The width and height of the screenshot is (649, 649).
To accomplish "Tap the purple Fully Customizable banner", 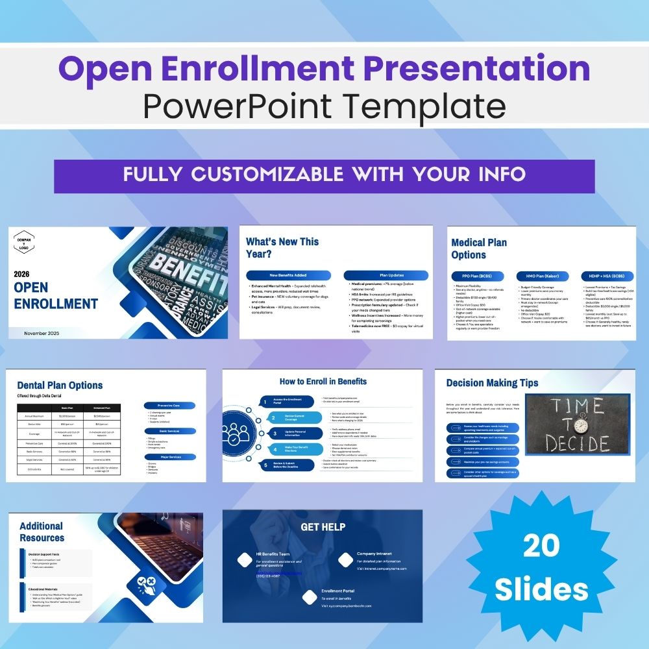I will (x=324, y=175).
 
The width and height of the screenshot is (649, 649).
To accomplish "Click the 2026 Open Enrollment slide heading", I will (x=56, y=296).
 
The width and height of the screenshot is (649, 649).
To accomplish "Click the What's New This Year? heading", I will (x=282, y=247).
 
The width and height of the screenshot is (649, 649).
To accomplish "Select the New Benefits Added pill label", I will (x=288, y=275).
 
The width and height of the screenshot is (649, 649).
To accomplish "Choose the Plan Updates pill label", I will (x=386, y=275).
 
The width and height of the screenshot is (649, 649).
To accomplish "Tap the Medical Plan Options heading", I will (x=479, y=249).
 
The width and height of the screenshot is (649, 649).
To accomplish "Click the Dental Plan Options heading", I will (x=60, y=386).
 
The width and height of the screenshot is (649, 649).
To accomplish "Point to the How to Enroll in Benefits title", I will (x=323, y=382).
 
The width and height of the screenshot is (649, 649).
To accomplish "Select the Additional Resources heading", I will (x=42, y=532).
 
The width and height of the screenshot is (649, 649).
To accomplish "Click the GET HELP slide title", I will (x=323, y=527).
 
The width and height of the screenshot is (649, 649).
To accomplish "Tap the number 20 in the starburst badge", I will (x=541, y=547).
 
